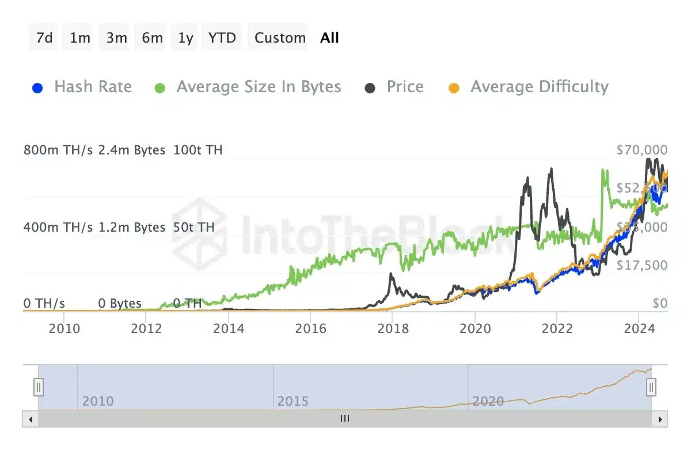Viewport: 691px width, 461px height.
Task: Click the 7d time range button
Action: coord(44,38)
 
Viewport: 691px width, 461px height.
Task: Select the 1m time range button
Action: coord(80,38)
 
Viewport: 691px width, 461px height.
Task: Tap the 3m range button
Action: coord(116,38)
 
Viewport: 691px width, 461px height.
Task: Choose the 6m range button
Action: coord(152,38)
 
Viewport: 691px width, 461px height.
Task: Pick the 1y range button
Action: coord(185,38)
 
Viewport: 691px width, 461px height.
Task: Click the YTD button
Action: coord(222,38)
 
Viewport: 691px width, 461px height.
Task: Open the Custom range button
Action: coord(280,38)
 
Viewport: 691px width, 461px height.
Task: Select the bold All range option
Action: coord(330,38)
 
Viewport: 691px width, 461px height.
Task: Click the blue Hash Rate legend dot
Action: coord(37,88)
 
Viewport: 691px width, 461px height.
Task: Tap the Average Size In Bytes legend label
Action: coord(259,87)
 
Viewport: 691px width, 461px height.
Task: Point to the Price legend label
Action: coord(405,87)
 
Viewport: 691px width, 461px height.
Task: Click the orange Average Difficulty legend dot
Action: coord(454,88)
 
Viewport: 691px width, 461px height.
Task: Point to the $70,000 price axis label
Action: coord(641,150)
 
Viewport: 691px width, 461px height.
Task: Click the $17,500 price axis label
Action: coord(641,265)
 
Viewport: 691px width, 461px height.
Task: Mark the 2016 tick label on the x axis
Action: coord(310,328)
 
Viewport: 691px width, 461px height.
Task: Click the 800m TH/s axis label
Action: coord(58,150)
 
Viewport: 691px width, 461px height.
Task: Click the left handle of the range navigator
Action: coord(39,387)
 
